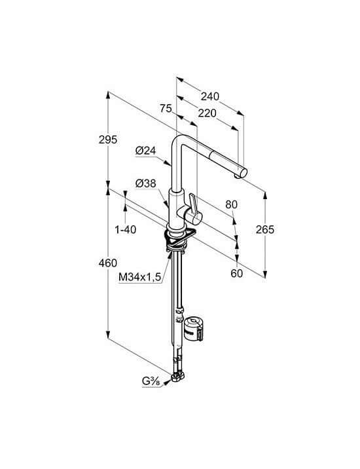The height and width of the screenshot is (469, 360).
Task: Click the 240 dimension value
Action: coord(210,96)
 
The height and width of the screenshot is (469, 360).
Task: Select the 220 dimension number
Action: coord(207,113)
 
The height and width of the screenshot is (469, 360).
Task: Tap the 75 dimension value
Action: coord(166,108)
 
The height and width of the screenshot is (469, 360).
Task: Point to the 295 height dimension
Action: coord(108,140)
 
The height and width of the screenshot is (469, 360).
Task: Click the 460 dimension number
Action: coord(108,263)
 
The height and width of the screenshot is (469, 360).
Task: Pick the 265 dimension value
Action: coord(265,229)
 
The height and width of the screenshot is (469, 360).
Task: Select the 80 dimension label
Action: coord(232,204)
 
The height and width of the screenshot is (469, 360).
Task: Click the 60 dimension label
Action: coord(237,273)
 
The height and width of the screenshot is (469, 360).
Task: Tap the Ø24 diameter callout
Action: coord(145,151)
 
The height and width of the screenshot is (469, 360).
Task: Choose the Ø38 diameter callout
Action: coord(145,183)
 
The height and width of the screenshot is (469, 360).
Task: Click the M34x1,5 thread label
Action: coord(140,277)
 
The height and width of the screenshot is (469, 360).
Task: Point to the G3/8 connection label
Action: coord(151,381)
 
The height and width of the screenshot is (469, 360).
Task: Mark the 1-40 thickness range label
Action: coord(126,230)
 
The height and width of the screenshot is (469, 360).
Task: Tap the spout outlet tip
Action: coord(242,174)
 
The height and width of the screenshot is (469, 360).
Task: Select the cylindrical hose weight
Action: coord(194,329)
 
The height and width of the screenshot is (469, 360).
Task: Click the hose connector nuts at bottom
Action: coord(178,377)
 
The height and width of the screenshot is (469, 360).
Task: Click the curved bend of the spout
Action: coord(179,140)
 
